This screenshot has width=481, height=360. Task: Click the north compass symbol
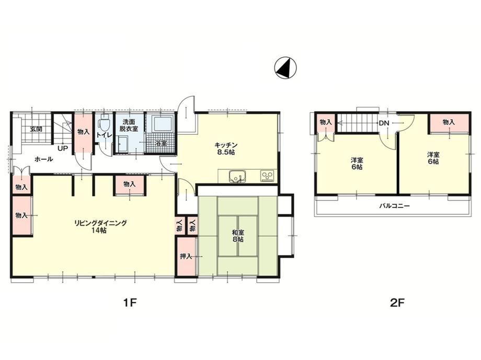click(285, 67)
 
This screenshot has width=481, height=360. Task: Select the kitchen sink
click(237, 176)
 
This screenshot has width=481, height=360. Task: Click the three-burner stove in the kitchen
click(268, 176)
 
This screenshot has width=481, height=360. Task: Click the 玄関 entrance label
click(36, 129)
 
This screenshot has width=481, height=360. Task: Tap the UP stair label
click(63, 149)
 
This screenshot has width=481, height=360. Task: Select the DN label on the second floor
click(384, 123)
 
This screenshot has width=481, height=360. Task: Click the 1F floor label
click(130, 303)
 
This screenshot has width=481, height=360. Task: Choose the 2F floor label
click(397, 303)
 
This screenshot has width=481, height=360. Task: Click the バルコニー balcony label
click(394, 206)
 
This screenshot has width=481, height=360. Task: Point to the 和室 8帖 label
click(238, 236)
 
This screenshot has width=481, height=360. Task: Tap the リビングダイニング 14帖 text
click(100, 226)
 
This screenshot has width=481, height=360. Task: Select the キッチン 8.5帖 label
click(226, 148)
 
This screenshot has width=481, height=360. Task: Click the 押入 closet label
click(186, 256)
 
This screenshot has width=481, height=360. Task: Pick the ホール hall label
click(44, 159)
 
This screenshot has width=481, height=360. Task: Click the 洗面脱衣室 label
click(129, 125)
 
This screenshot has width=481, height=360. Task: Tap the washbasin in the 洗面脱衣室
click(122, 144)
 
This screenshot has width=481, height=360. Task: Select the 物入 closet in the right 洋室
click(449, 123)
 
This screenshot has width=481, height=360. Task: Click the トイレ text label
click(104, 135)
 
